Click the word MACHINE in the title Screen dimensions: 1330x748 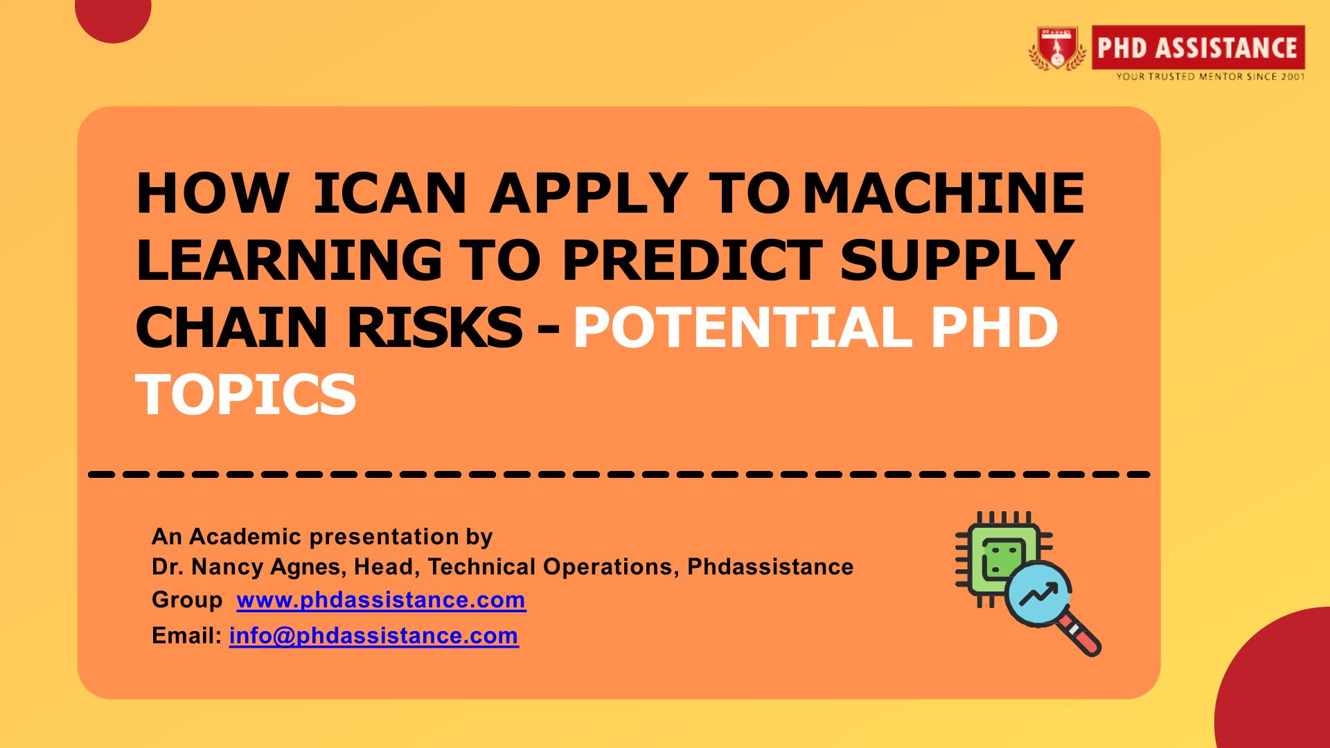[943, 193]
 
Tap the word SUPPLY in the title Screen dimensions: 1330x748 [957, 260]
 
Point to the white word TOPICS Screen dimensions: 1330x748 [246, 394]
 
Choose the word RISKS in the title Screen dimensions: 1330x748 [434, 327]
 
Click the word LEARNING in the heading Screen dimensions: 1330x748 [289, 260]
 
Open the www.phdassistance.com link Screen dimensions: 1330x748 [381, 599]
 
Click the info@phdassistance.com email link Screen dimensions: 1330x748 [374, 635]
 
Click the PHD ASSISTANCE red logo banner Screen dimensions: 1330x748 [1198, 47]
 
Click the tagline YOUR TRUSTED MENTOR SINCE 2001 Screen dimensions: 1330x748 [1210, 76]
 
